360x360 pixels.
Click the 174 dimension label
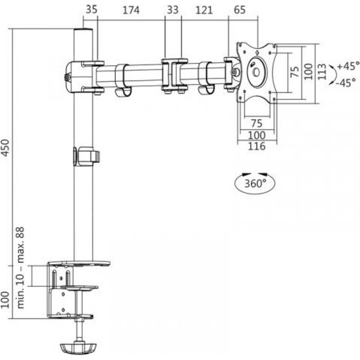[131, 10]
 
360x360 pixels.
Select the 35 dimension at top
[92, 9]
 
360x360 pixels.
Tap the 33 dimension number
[173, 10]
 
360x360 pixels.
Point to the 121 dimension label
[204, 10]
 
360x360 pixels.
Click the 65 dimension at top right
[240, 10]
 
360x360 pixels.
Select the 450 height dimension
[5, 148]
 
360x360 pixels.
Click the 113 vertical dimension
[322, 72]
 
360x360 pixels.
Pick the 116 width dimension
[256, 146]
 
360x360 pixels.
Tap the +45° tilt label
[348, 66]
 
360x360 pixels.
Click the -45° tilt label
[346, 82]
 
